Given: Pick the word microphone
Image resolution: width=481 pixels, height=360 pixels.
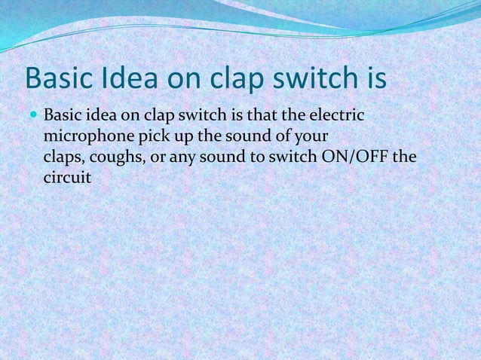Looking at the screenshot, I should (86, 138).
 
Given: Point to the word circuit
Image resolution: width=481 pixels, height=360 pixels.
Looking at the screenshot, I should (67, 179).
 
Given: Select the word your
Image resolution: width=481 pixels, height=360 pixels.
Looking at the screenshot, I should (311, 138).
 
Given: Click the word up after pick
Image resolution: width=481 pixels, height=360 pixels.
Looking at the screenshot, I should (179, 138).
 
